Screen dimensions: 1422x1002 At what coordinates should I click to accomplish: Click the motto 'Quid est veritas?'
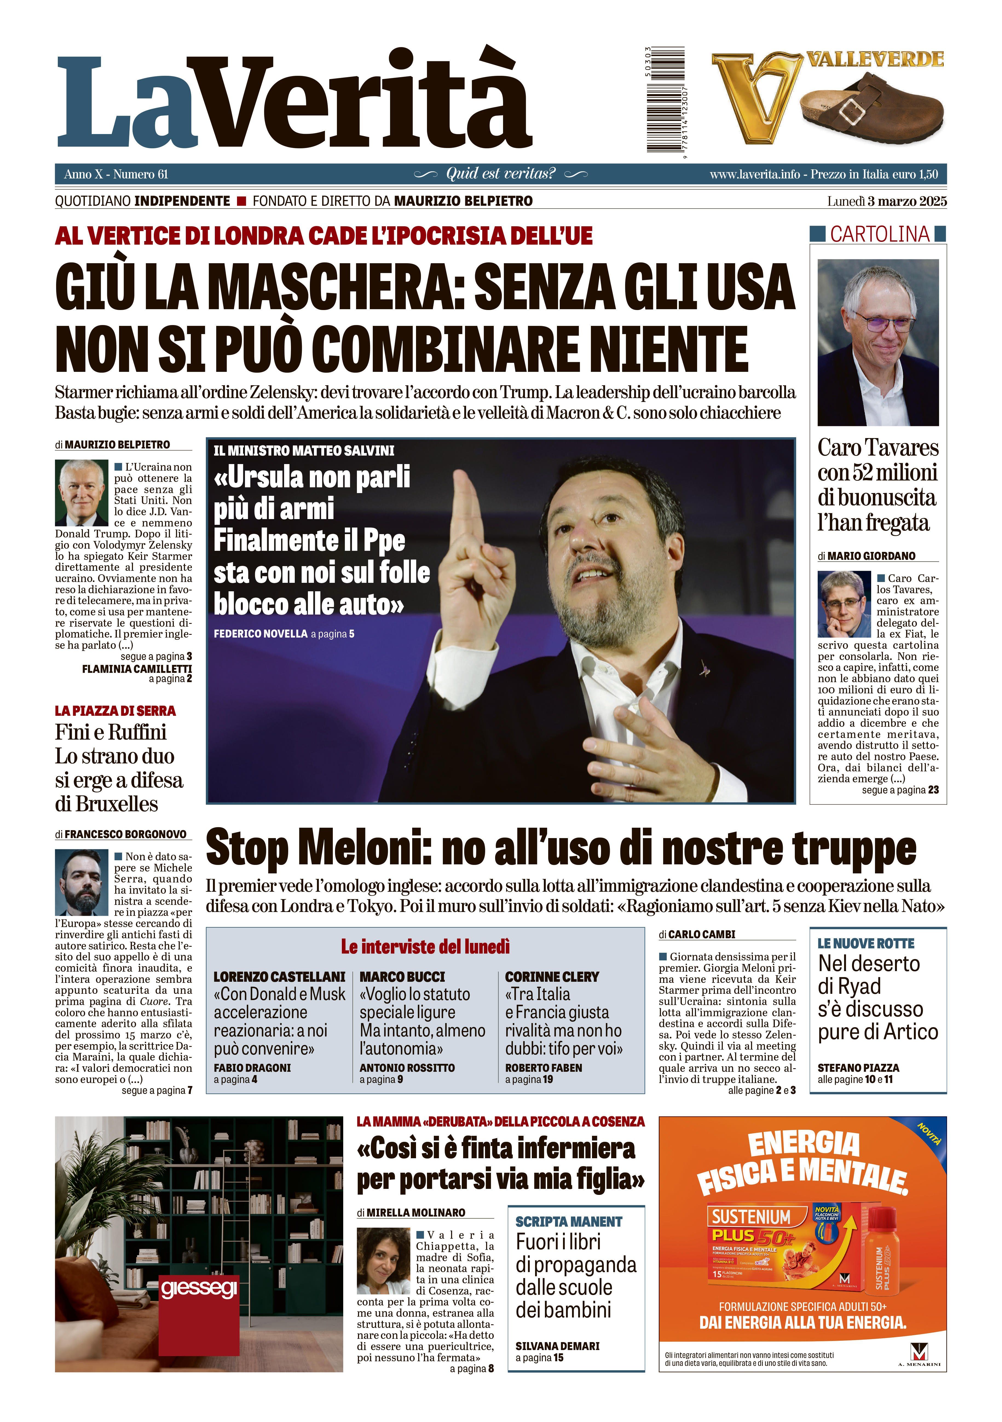(x=501, y=174)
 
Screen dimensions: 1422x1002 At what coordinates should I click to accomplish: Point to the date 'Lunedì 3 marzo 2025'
(x=887, y=201)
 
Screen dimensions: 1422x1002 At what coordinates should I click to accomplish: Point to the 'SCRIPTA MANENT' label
(x=568, y=1221)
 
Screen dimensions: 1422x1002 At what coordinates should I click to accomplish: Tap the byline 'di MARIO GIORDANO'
(x=866, y=556)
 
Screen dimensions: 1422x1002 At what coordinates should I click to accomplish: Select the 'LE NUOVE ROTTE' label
(x=866, y=943)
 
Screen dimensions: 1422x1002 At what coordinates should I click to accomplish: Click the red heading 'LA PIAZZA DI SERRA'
(x=115, y=711)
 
